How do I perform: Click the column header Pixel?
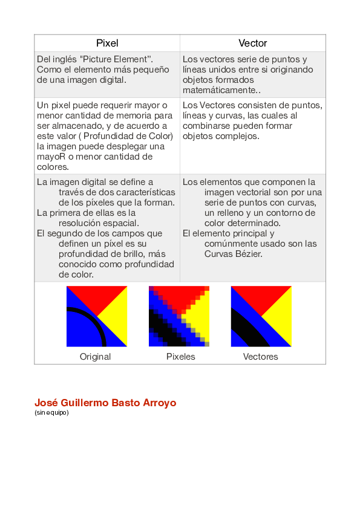(107, 44)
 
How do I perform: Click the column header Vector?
(252, 44)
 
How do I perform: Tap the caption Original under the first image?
(96, 357)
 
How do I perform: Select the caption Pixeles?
(181, 357)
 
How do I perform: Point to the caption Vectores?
(261, 357)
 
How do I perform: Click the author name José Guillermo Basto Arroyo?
(105, 403)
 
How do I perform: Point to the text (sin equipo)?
(51, 413)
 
